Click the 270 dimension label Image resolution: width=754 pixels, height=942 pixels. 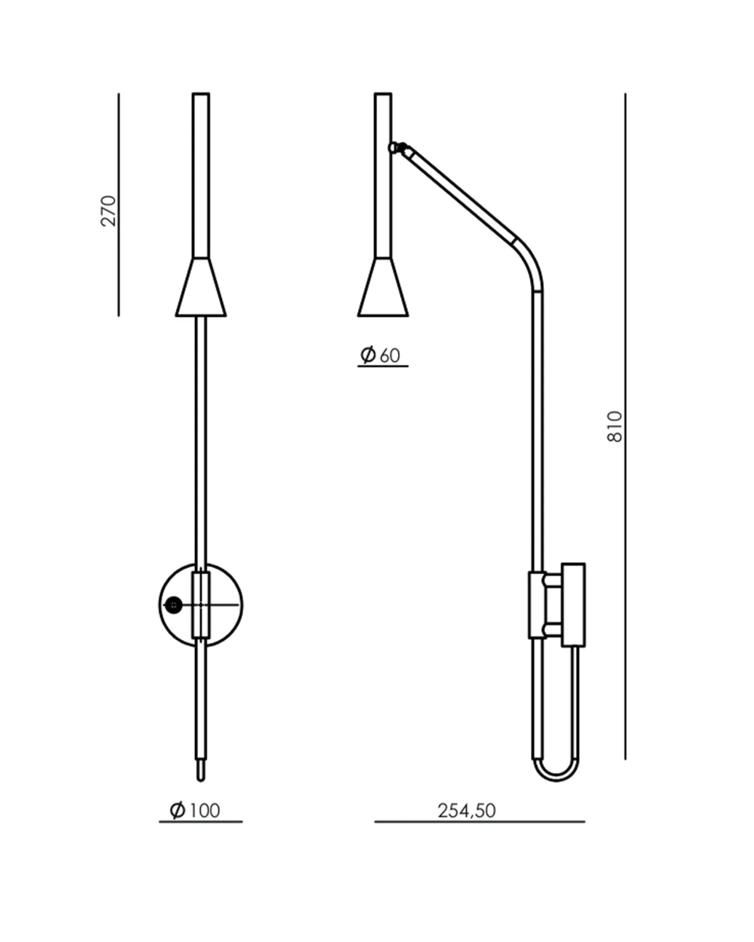pos(108,211)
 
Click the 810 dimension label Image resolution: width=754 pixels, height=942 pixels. pos(615,427)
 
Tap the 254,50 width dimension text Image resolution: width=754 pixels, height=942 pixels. pos(467,811)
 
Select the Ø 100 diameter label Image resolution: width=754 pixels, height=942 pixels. pos(195,811)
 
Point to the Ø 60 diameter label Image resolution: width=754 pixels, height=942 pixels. pos(380,355)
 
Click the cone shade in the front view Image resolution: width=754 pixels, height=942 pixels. pos(201,287)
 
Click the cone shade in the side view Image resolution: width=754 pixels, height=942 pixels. pos(383,287)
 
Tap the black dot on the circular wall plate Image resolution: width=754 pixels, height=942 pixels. pos(173,605)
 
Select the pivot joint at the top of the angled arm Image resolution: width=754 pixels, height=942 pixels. pos(398,148)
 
